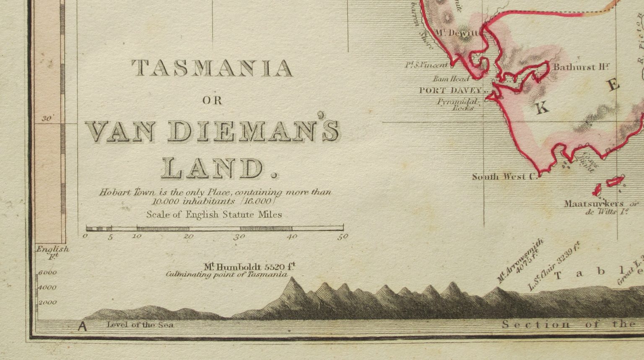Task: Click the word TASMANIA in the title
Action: (212, 68)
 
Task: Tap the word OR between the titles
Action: (212, 101)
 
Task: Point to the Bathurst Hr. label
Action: (581, 67)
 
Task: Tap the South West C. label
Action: (505, 177)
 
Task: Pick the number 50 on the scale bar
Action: (343, 237)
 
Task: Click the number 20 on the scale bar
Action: (189, 237)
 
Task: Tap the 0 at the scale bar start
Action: (86, 237)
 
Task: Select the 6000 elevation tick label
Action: (47, 273)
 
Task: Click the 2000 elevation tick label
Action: (47, 302)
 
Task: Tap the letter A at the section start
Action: (83, 326)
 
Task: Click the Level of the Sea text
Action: (140, 324)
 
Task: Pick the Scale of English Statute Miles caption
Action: (214, 214)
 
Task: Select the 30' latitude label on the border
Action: (46, 119)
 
